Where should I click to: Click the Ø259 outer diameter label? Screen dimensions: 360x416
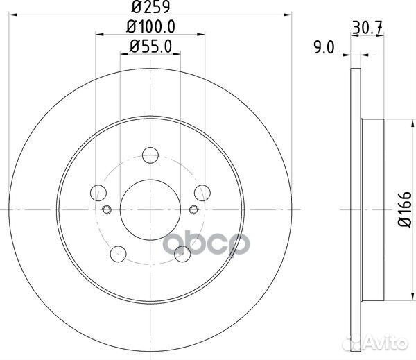click(150, 9)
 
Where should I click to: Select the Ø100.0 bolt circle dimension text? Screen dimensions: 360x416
click(150, 29)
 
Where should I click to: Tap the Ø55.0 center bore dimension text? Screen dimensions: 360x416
click(150, 47)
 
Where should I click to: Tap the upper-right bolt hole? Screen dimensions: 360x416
click(202, 192)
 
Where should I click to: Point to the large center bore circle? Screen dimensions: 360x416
click(150, 209)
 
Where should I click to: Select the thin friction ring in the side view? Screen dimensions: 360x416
click(356, 208)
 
